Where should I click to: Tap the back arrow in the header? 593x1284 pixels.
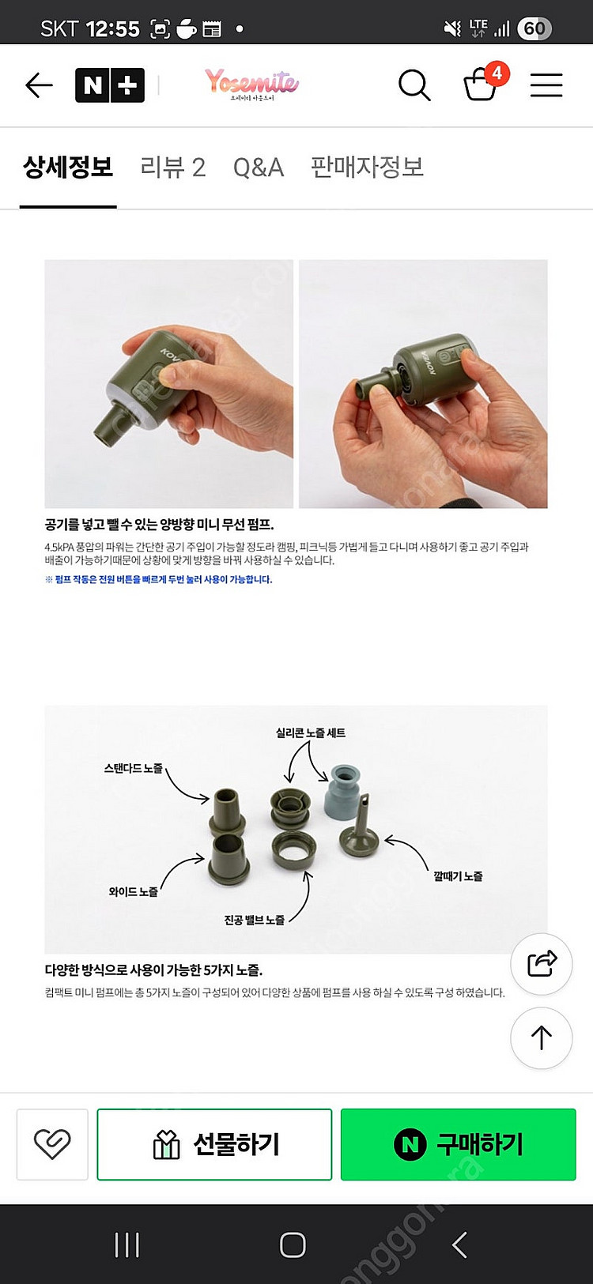(x=39, y=85)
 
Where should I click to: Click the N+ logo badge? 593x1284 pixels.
(x=110, y=85)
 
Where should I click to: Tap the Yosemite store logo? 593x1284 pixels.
(x=251, y=83)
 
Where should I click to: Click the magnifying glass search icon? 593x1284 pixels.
(x=414, y=85)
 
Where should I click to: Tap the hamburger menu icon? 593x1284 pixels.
(x=546, y=85)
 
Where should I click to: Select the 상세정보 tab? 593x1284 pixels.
(x=68, y=168)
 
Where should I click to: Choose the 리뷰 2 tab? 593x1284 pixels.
(x=172, y=168)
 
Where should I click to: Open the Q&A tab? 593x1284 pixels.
(x=258, y=168)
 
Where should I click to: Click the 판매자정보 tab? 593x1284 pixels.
(x=367, y=168)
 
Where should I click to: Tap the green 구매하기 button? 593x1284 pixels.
(x=458, y=1144)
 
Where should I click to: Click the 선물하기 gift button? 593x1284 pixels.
(x=214, y=1144)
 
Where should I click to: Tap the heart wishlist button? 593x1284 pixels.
(x=52, y=1144)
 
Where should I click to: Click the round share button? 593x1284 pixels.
(x=542, y=963)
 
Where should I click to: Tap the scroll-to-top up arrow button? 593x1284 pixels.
(x=542, y=1038)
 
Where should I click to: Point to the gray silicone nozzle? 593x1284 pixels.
(x=342, y=790)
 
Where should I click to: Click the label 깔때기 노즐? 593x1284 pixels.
(x=458, y=876)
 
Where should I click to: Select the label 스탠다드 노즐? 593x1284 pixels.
(x=133, y=768)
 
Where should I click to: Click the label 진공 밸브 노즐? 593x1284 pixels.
(x=254, y=920)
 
